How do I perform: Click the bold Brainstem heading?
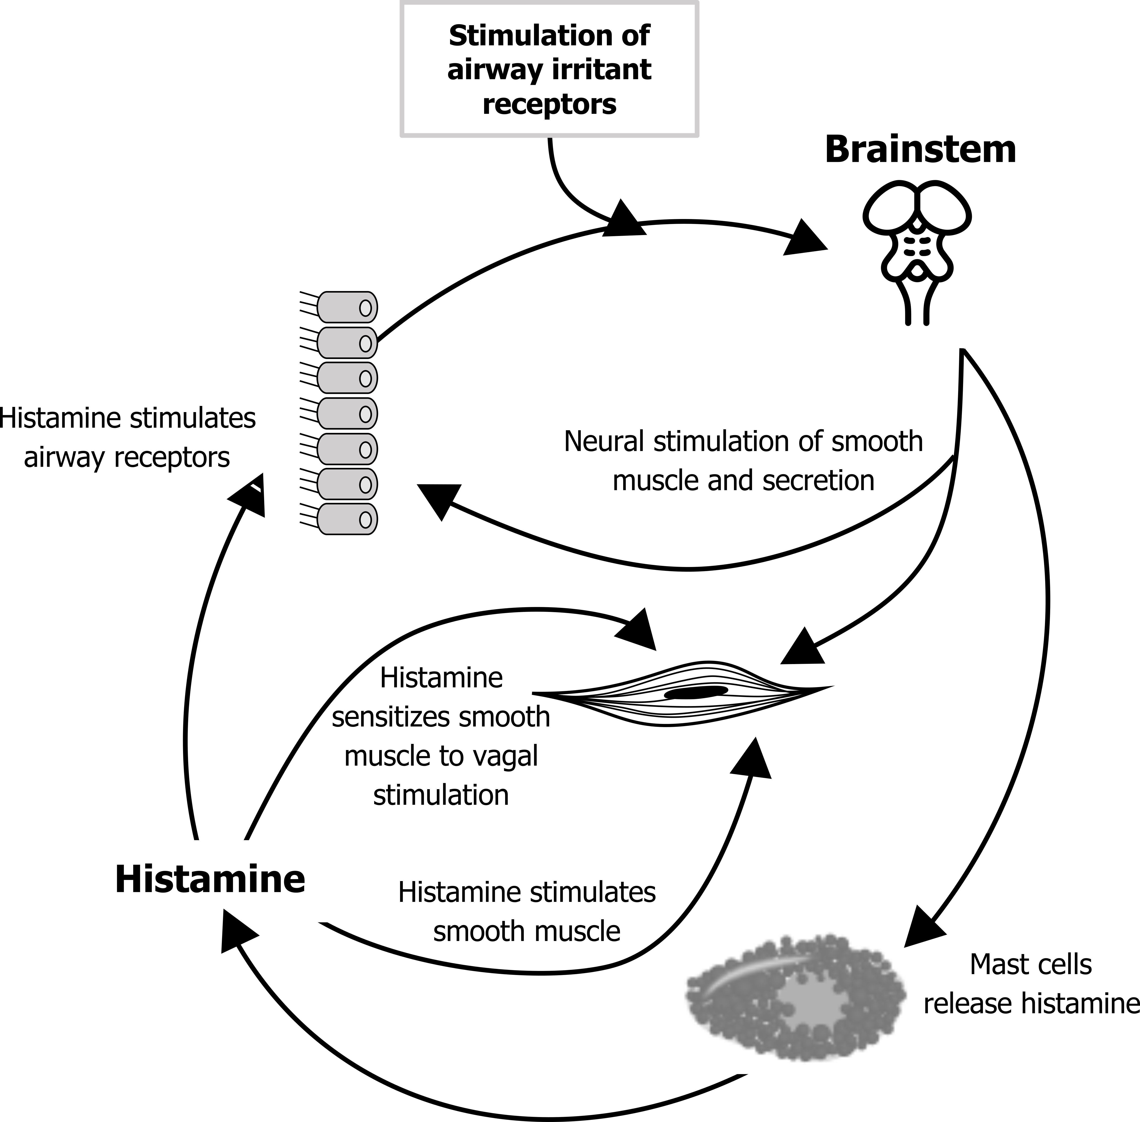920,150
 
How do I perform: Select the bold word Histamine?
210,879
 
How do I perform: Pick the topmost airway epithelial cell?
347,307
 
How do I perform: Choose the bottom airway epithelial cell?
347,519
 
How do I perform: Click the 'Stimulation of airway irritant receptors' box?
549,69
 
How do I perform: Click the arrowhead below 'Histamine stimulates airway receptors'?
247,496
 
